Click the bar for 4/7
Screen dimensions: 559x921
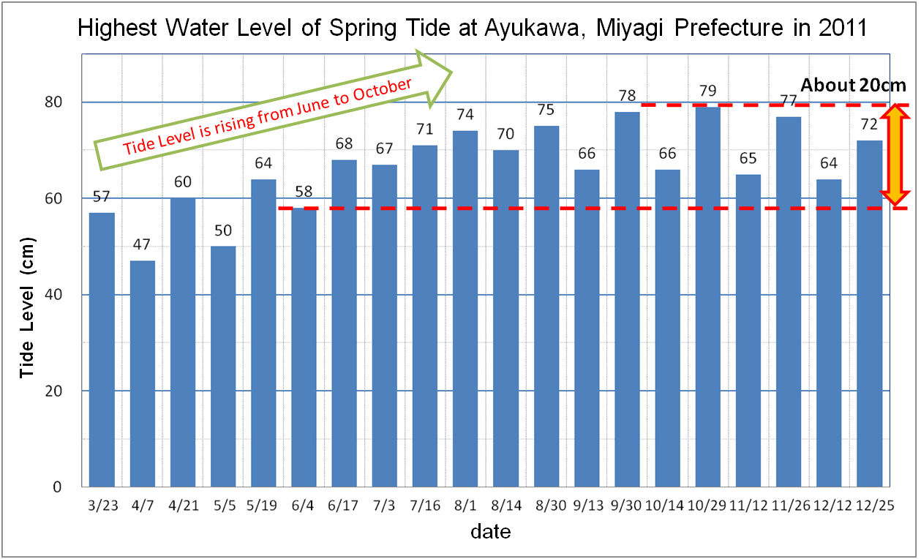click(143, 373)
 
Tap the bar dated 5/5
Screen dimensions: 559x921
click(223, 366)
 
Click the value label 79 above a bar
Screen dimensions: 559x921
click(707, 91)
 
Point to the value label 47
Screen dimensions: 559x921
click(143, 245)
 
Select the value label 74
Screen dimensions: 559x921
click(465, 115)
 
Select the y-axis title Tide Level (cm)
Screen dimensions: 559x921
click(27, 307)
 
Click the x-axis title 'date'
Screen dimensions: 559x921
click(490, 530)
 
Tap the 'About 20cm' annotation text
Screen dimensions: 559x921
click(853, 85)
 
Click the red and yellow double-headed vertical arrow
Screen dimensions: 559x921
click(894, 155)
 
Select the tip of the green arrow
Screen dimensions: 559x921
click(451, 72)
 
